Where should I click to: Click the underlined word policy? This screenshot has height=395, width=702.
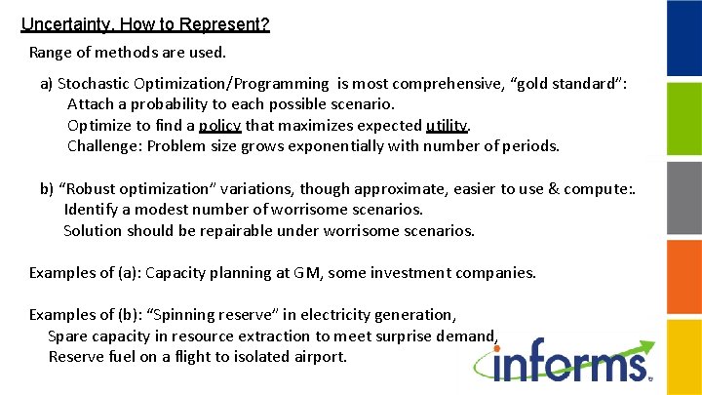[219, 125]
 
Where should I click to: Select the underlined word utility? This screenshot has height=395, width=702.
[448, 125]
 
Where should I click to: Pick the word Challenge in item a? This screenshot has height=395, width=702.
[103, 146]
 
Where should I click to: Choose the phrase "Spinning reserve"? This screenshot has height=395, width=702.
[212, 314]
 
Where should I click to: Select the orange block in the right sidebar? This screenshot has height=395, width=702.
[683, 278]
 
